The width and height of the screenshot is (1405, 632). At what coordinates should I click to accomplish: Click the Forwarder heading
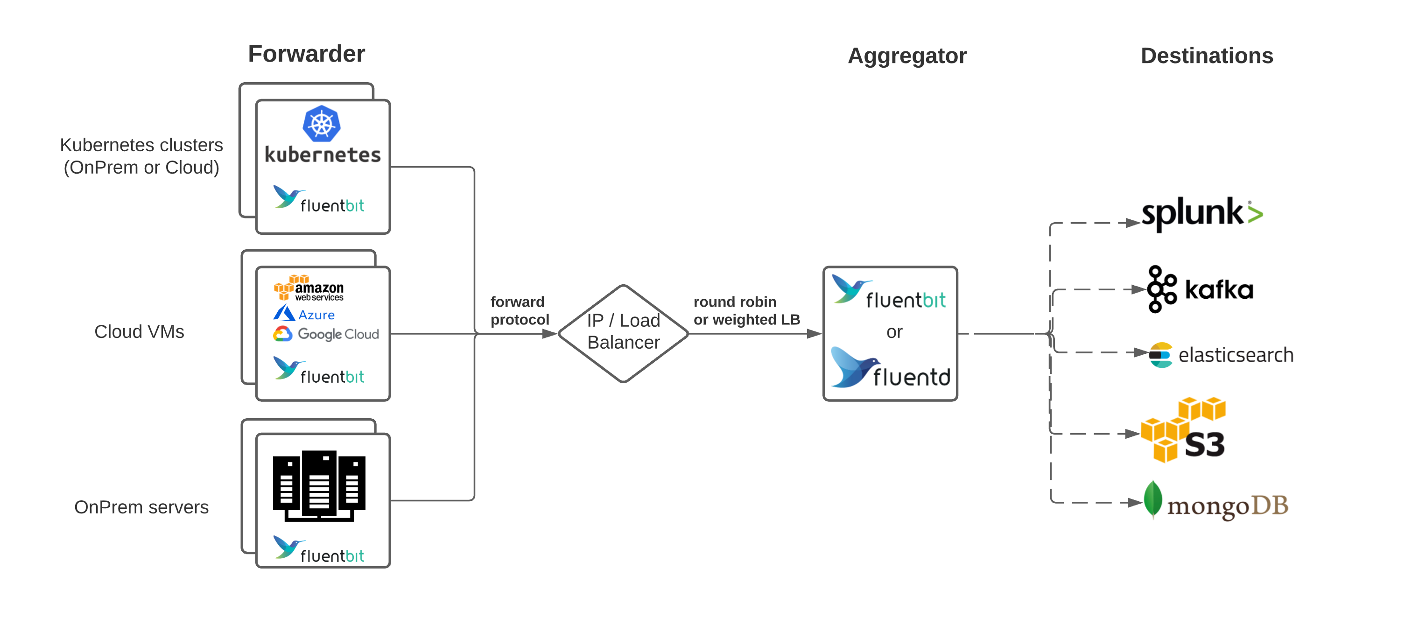click(306, 54)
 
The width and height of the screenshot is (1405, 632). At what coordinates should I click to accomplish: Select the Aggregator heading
click(906, 56)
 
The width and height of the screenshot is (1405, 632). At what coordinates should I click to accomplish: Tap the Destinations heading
click(1207, 56)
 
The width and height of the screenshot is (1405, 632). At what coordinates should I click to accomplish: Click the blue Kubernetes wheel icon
click(321, 124)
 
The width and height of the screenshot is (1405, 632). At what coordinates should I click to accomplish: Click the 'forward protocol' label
click(519, 310)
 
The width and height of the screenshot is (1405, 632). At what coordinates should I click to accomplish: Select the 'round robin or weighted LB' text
click(745, 310)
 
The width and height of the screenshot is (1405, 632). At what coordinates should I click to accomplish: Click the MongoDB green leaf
click(1152, 499)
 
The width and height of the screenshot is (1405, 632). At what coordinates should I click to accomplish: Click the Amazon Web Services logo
click(308, 288)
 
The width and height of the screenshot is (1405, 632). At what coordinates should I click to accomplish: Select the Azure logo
click(304, 314)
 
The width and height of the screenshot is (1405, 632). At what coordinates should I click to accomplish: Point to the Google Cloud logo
click(326, 334)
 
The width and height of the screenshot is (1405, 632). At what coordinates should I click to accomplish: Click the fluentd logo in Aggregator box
click(890, 369)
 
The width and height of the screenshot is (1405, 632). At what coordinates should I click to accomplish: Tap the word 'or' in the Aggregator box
click(894, 331)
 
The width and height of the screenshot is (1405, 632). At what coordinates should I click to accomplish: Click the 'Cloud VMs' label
click(139, 331)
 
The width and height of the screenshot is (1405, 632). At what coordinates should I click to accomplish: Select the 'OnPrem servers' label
click(141, 507)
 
